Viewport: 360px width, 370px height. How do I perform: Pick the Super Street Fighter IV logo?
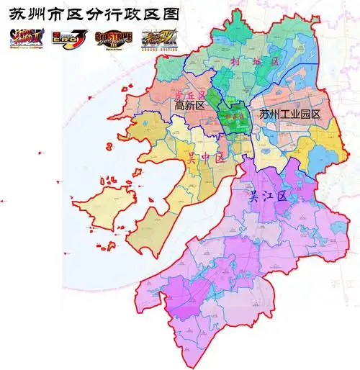tap(158, 37)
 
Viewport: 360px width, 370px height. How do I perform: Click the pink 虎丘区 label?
tap(186, 95)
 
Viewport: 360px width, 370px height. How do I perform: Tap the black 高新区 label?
tap(190, 106)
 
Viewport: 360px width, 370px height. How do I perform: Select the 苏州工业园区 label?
tap(290, 114)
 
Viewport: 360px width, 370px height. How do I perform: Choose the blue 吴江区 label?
tap(268, 195)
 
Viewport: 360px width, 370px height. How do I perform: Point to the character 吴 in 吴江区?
tap(253, 195)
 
